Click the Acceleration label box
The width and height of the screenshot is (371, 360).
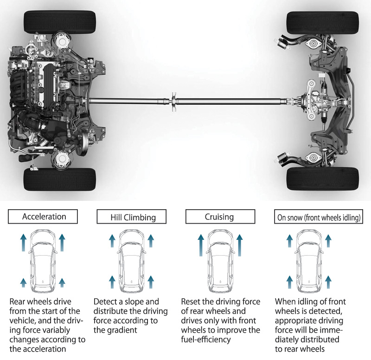[x=44, y=217]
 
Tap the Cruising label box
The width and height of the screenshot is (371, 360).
[x=220, y=217]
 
